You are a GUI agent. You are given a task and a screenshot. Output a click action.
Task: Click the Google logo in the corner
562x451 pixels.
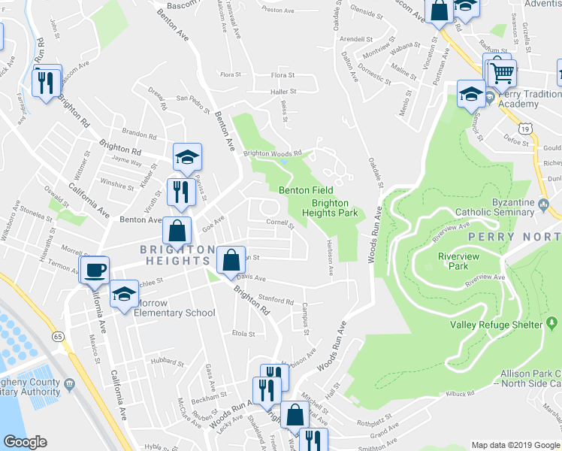coord(25,442)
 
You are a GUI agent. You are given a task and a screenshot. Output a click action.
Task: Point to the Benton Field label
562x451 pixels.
coord(306,191)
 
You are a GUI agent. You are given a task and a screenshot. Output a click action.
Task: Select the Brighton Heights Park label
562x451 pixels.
coord(330,208)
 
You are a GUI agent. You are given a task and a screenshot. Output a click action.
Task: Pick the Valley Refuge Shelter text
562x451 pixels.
coord(496,325)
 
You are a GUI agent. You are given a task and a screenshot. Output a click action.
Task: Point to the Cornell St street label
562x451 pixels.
coord(279,222)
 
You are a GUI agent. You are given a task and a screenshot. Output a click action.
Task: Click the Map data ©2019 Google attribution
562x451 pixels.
coord(515,444)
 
